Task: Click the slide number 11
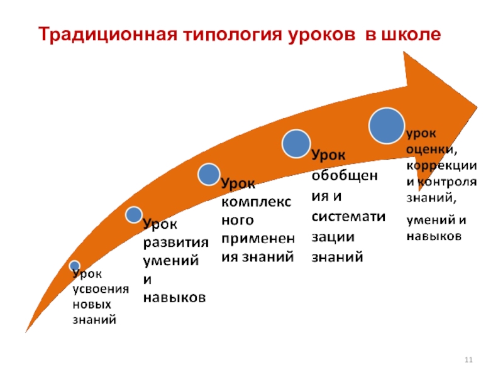pyautogui.click(x=468, y=359)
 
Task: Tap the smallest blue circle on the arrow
pyautogui.click(x=75, y=265)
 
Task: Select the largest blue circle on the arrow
pyautogui.click(x=386, y=124)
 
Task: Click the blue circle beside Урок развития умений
pyautogui.click(x=134, y=215)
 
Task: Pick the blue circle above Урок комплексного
pyautogui.click(x=209, y=173)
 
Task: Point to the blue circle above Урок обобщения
pyautogui.click(x=296, y=143)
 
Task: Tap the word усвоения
pyautogui.click(x=101, y=288)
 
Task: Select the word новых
pyautogui.click(x=92, y=304)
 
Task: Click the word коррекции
pyautogui.click(x=441, y=166)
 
